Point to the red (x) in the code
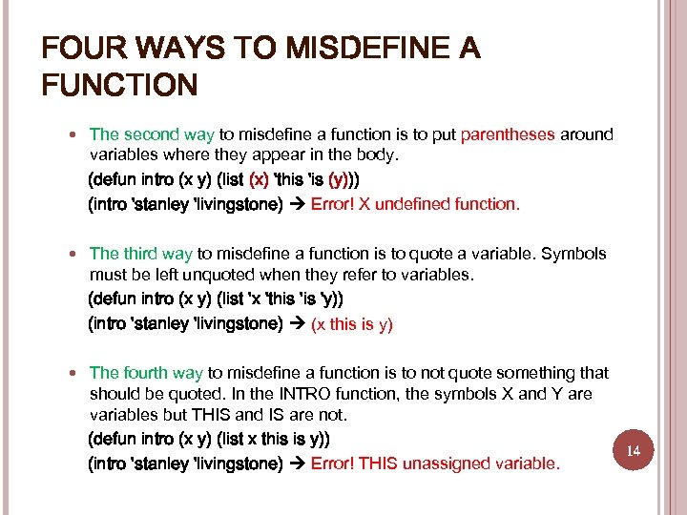pyautogui.click(x=259, y=179)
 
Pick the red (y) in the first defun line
pyautogui.click(x=340, y=179)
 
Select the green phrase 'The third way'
pyautogui.click(x=140, y=254)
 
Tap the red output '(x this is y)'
pyautogui.click(x=352, y=324)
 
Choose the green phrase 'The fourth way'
pyautogui.click(x=146, y=373)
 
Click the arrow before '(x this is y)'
pyautogui.click(x=296, y=324)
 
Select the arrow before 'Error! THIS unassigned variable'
pyautogui.click(x=296, y=463)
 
